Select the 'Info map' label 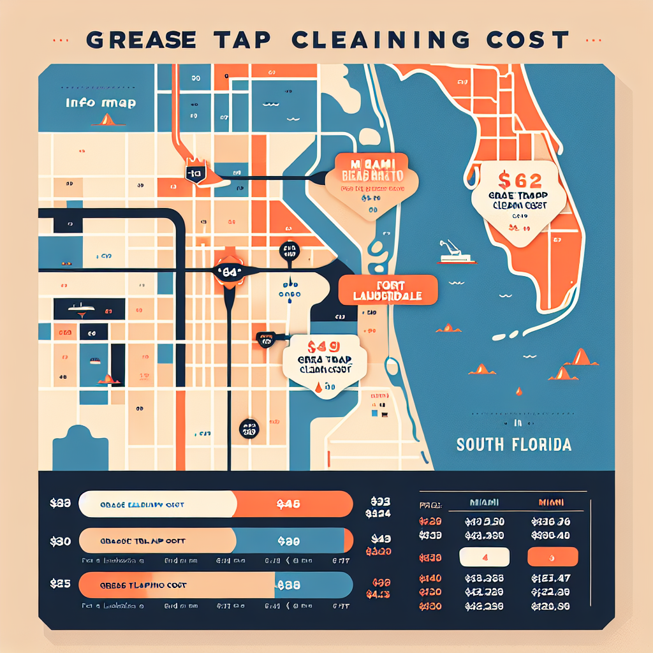pyautogui.click(x=101, y=103)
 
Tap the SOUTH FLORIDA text pyautogui.click(x=514, y=444)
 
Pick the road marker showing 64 pyautogui.click(x=230, y=272)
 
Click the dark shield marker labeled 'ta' pyautogui.click(x=194, y=173)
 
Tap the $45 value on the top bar pyautogui.click(x=289, y=504)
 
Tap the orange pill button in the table pyautogui.click(x=553, y=557)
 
